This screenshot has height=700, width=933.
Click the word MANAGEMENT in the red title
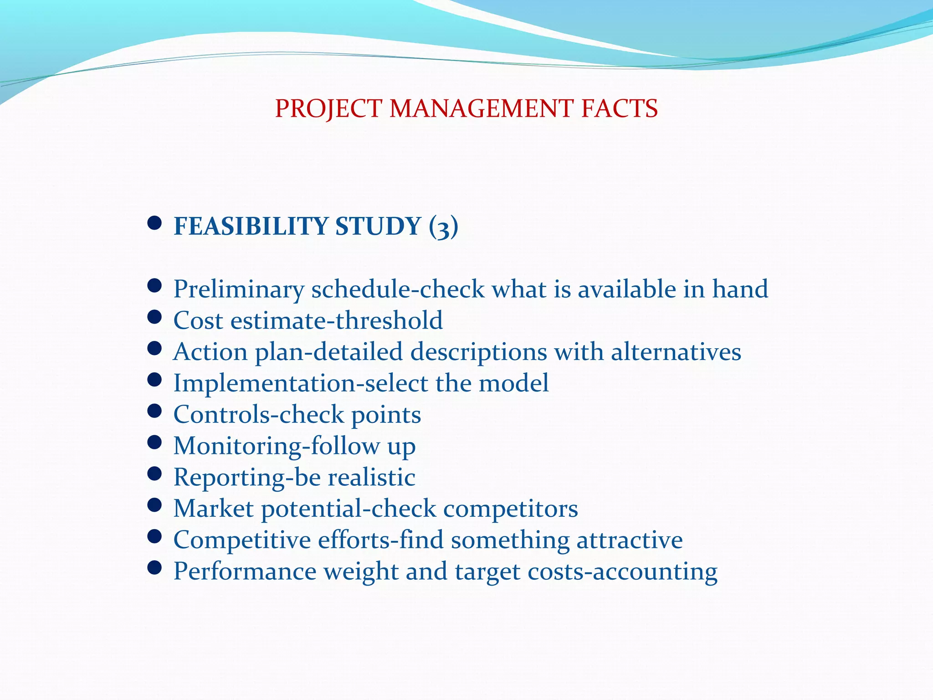(x=481, y=108)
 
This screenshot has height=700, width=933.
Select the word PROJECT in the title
(x=328, y=108)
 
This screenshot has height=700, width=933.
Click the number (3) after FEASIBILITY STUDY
(x=443, y=226)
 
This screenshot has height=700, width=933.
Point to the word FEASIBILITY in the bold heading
(x=251, y=226)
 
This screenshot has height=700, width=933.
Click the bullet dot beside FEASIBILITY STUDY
(x=155, y=223)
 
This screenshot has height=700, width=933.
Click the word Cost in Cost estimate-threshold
(x=198, y=320)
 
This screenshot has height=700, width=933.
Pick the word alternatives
(x=676, y=352)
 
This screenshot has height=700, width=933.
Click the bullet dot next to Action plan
(x=155, y=349)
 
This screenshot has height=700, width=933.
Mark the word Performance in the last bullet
(x=245, y=571)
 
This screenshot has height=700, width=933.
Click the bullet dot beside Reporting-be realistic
(x=155, y=474)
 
